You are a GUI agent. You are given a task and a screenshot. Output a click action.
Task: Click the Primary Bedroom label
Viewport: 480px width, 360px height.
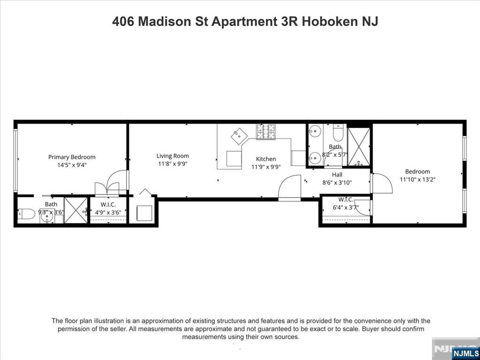[x=72, y=157]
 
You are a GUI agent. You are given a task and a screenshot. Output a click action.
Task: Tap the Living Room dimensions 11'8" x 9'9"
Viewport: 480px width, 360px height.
[x=173, y=164]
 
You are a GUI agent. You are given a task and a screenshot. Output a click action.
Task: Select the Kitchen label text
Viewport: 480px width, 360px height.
[x=266, y=159]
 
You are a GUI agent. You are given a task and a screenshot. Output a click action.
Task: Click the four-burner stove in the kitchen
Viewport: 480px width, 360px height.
[x=267, y=131]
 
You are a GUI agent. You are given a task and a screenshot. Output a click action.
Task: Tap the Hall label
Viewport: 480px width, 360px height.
[x=337, y=175]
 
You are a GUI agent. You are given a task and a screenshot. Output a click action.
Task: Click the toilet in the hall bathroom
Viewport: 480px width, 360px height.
[x=338, y=133]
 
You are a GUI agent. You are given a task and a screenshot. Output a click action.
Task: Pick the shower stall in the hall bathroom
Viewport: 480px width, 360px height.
[x=359, y=147]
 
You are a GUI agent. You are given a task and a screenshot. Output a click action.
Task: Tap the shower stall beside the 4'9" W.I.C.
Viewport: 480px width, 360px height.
[x=75, y=210]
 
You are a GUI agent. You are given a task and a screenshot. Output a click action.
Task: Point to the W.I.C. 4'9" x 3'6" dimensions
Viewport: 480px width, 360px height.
[x=108, y=212]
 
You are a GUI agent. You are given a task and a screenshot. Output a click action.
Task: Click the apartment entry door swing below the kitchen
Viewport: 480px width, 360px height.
[x=290, y=187]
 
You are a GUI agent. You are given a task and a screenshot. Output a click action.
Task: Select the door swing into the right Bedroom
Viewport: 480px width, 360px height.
[x=382, y=183]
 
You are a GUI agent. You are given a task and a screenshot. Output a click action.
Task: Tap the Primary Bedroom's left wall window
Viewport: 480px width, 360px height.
[x=15, y=160]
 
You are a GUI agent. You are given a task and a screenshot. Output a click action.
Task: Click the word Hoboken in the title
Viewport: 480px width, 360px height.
[x=327, y=22]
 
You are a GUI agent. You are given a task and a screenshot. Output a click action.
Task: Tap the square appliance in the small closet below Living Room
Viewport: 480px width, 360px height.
[x=144, y=213]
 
